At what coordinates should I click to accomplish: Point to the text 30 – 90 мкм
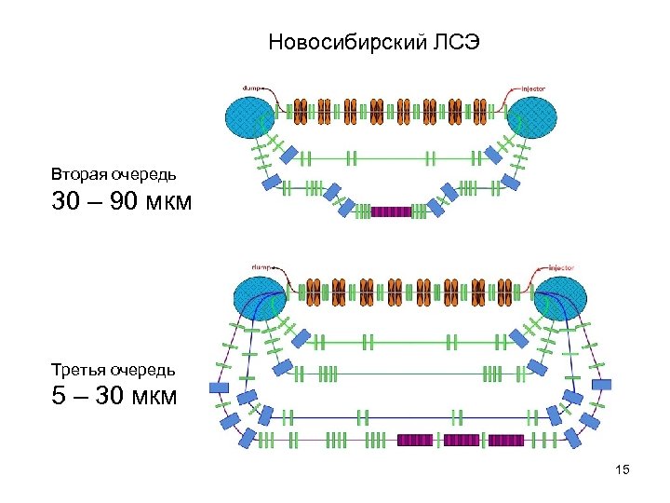pyautogui.click(x=121, y=200)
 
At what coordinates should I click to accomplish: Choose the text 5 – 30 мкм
pyautogui.click(x=114, y=397)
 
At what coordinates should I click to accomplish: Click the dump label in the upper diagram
pyautogui.click(x=251, y=88)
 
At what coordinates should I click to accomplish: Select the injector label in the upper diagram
pyautogui.click(x=533, y=88)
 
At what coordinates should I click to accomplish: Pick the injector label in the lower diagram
pyautogui.click(x=560, y=268)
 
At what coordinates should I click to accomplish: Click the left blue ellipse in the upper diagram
pyautogui.click(x=249, y=117)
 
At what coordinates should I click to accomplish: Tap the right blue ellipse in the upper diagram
pyautogui.click(x=532, y=117)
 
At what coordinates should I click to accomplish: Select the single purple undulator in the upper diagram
pyautogui.click(x=391, y=212)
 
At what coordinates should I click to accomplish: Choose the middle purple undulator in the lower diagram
pyautogui.click(x=461, y=440)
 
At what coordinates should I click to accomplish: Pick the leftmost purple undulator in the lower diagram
pyautogui.click(x=417, y=440)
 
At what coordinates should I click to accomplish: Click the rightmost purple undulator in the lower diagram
pyautogui.click(x=505, y=440)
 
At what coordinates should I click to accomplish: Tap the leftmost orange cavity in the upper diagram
pyautogui.click(x=301, y=111)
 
